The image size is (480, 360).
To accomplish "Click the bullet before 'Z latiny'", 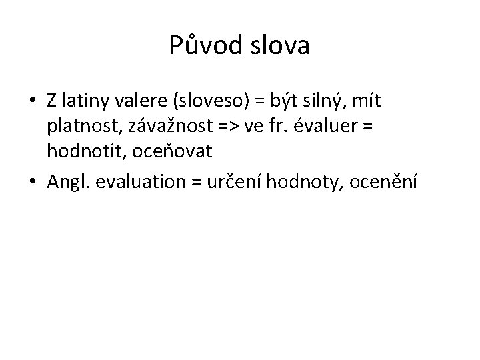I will click(x=32, y=101).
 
